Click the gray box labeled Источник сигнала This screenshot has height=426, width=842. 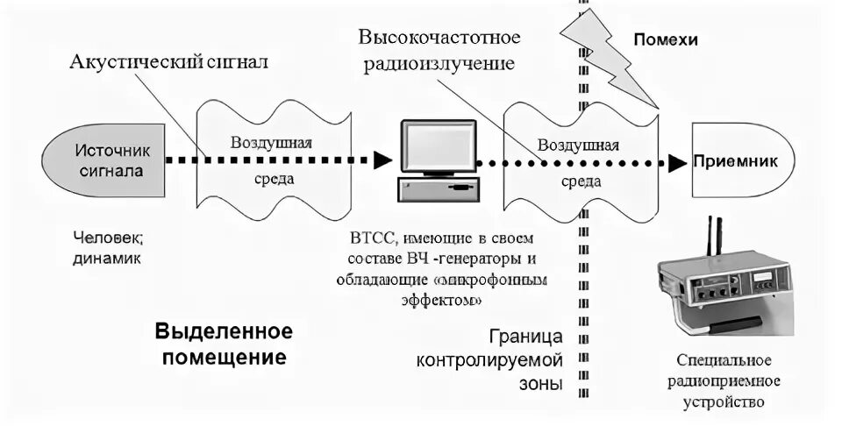(105, 160)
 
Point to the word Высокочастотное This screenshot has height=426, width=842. (439, 39)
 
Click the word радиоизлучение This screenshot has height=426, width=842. (436, 65)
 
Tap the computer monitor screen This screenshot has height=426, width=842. (438, 146)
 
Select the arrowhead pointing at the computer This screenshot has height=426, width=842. (382, 160)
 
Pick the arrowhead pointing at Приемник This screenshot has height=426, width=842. (676, 162)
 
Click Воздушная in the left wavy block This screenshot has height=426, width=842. (271, 143)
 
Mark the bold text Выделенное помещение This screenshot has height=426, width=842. (223, 344)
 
